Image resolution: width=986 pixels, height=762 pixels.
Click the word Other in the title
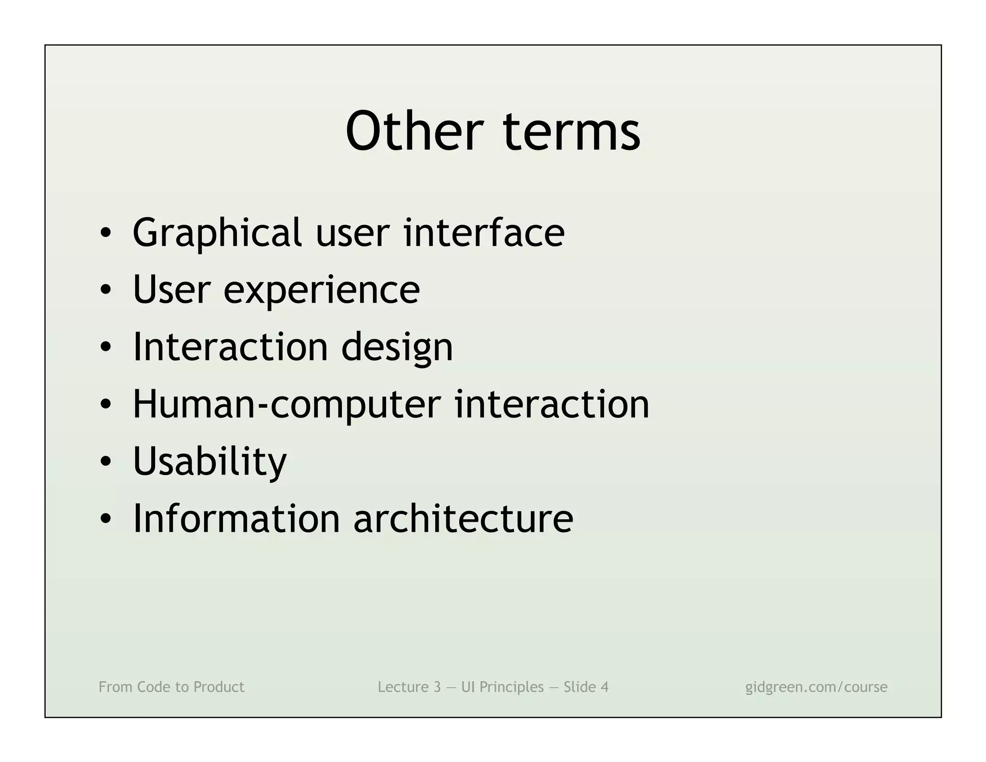click(414, 131)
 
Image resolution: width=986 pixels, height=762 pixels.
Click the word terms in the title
click(571, 131)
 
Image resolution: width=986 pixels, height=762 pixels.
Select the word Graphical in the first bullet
click(217, 234)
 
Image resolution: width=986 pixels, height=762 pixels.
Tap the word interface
click(484, 233)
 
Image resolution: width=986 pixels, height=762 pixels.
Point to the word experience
click(322, 290)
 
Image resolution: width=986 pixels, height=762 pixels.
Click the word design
click(397, 348)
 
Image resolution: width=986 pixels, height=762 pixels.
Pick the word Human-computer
click(286, 405)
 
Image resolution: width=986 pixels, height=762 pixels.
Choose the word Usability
click(209, 461)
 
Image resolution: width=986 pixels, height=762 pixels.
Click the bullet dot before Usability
click(106, 462)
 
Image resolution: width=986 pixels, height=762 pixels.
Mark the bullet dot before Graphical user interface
click(106, 234)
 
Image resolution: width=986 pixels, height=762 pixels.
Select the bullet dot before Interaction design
click(106, 348)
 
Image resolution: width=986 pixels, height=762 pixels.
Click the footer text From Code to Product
click(171, 687)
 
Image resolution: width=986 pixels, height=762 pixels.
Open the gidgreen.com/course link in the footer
click(816, 687)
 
